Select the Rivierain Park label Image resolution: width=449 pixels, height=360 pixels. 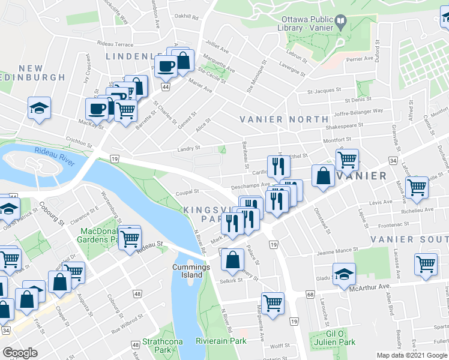pos(221,341)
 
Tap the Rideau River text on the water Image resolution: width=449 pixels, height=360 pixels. pos(53,155)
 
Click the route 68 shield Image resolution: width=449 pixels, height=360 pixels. pos(310,294)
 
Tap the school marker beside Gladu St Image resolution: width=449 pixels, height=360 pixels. pos(343,274)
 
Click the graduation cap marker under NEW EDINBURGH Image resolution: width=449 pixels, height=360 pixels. pos(39,108)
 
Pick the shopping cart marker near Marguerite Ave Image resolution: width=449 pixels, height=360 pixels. pos(273,303)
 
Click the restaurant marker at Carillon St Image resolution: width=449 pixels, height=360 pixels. pos(278,166)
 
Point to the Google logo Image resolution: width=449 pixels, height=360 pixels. pos(20,353)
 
